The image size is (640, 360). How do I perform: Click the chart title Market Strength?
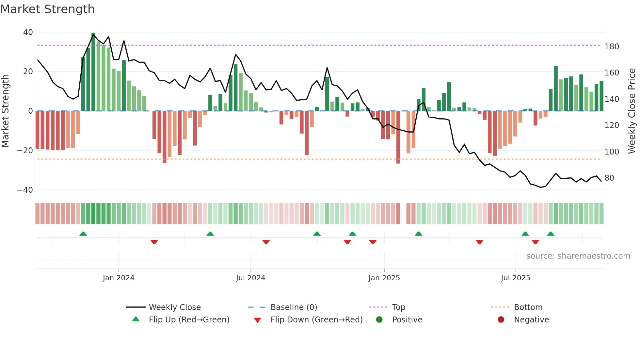tap(48, 9)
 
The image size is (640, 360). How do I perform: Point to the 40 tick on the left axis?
tap(28, 32)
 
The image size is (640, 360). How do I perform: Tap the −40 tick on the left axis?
tap(25, 190)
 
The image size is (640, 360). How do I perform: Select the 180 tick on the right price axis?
tap(612, 47)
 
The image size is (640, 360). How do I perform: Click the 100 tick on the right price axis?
tap(612, 152)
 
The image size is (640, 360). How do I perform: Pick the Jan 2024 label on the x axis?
tap(119, 278)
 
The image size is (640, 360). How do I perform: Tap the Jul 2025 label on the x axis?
tap(516, 278)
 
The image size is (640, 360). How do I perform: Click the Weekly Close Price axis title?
tap(632, 111)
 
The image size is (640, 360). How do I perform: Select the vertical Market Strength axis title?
tap(6, 111)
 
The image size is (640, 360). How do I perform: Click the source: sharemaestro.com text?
tap(578, 256)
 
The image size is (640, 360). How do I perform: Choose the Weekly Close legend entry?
tap(175, 307)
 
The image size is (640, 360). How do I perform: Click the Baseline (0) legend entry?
tap(294, 307)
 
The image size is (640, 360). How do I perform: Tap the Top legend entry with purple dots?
tap(398, 307)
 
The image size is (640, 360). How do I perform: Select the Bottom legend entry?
tap(528, 307)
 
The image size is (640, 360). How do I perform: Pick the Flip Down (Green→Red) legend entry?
tap(316, 319)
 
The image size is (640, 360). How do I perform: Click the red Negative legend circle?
tap(501, 319)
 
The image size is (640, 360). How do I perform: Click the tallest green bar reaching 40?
tap(93, 72)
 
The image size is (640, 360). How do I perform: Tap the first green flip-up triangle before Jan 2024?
tap(83, 234)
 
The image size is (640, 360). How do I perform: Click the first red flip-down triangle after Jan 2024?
tap(154, 242)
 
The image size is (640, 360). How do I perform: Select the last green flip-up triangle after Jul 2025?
tap(551, 234)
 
